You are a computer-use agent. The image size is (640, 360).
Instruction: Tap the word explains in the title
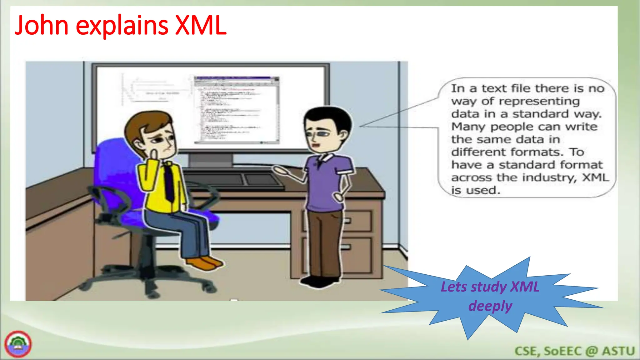click(x=122, y=26)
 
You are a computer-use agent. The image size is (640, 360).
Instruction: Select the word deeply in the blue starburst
click(x=490, y=306)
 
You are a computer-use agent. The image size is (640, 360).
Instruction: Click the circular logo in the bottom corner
click(x=18, y=344)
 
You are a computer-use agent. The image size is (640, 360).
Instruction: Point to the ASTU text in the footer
click(x=618, y=351)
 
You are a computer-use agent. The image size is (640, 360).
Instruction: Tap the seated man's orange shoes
click(x=205, y=263)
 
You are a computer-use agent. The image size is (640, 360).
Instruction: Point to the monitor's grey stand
click(x=211, y=160)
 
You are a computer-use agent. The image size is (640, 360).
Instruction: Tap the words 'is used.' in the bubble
click(x=476, y=190)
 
